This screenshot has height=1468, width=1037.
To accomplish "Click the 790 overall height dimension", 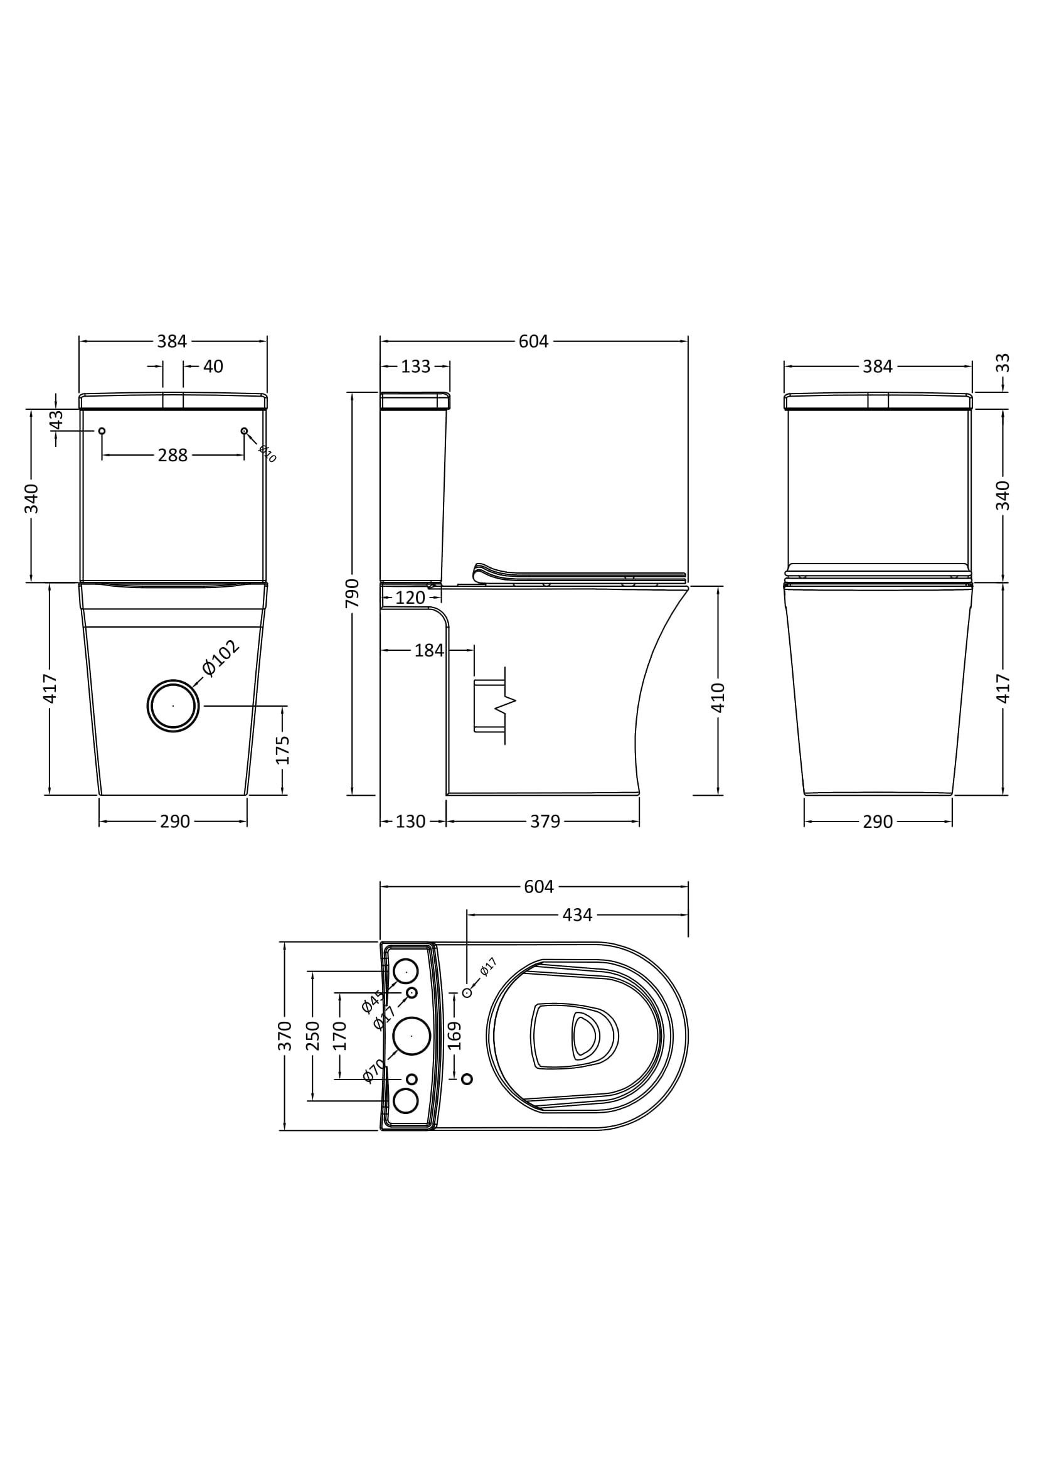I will [352, 592].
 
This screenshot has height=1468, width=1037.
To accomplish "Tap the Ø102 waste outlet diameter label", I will [221, 657].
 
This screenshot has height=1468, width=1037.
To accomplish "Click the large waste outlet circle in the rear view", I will [173, 706].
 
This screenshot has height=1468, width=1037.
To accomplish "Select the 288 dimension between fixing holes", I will [173, 455].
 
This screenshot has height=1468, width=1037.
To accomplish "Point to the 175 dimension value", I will [282, 750].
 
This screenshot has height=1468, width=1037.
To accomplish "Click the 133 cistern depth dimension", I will [415, 367].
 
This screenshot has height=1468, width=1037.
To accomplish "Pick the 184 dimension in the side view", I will [428, 650].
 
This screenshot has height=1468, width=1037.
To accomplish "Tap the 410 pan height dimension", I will [718, 697].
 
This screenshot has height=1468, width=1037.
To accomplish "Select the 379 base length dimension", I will [545, 822].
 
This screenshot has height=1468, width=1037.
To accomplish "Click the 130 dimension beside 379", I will [410, 822].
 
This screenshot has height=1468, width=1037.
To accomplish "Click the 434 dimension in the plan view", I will [577, 915].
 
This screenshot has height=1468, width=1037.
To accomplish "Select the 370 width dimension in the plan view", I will [285, 1036].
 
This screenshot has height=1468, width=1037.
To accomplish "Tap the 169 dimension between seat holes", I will [454, 1036].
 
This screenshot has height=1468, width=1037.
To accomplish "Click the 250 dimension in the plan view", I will [312, 1036].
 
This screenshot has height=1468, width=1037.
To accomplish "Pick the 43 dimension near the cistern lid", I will [56, 420].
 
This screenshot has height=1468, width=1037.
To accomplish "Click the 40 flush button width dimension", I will [213, 367].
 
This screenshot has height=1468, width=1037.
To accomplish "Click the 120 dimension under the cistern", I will [410, 598].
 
